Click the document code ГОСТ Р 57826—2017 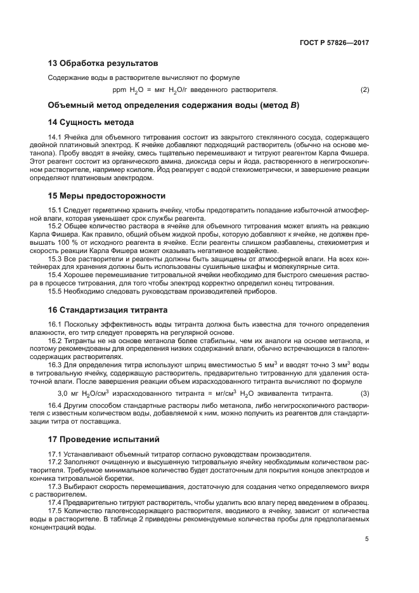pos(335,43)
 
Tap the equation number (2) pos(364,89)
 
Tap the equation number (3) pos(364,394)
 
